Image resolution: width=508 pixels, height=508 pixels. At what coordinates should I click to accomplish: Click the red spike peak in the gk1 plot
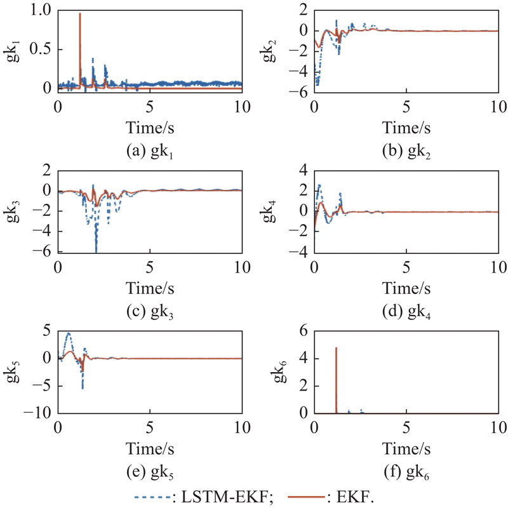(x=80, y=14)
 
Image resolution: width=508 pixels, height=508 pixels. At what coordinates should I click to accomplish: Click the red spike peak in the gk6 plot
(x=336, y=348)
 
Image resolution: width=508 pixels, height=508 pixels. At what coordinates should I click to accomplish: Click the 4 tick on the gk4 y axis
(x=304, y=171)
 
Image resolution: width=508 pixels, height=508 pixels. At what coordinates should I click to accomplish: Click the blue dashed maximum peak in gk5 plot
(x=68, y=333)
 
